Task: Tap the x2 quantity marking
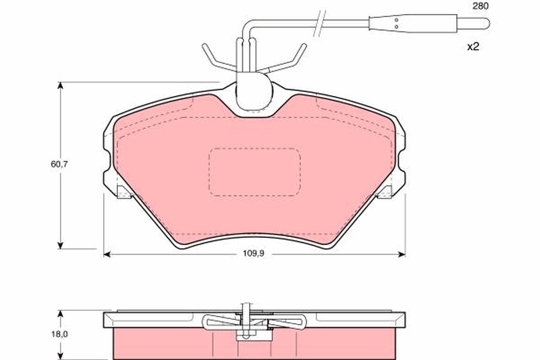472,46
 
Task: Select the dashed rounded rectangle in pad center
255,172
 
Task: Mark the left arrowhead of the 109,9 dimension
107,254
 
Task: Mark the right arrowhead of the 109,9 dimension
402,254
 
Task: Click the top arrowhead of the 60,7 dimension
59,85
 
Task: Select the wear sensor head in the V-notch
254,94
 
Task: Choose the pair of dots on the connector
396,23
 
